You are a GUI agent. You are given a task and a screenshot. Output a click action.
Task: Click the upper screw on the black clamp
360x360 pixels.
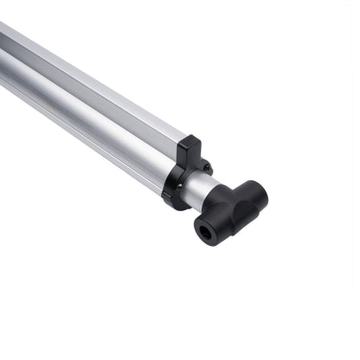(206, 166)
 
